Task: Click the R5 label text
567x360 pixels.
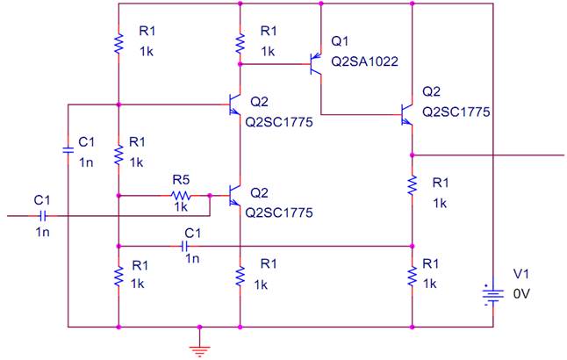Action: coord(181,179)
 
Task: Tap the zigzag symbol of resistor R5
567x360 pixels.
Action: coord(181,196)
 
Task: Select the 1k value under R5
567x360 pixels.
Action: coord(181,207)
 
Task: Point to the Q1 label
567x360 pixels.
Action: coord(340,41)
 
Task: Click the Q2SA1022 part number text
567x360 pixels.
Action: coord(364,61)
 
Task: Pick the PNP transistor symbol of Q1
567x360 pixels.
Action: coord(316,64)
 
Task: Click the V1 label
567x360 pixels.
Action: coord(521,274)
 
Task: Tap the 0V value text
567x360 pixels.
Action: coord(521,294)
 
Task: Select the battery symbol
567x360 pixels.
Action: coord(493,295)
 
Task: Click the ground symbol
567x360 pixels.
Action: coord(199,350)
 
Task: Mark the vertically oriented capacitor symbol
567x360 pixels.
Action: coord(68,150)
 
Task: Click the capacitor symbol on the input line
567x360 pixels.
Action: coord(43,216)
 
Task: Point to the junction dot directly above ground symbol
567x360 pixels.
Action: coord(199,328)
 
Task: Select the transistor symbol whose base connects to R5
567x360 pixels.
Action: coord(234,196)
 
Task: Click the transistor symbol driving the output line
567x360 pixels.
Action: coord(406,115)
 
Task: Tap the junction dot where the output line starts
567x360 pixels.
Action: coord(413,155)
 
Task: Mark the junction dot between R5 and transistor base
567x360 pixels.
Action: coord(210,196)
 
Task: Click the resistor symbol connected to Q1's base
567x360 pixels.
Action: coord(240,44)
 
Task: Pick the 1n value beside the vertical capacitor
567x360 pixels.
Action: coord(86,162)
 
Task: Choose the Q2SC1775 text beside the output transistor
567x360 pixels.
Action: coord(456,112)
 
